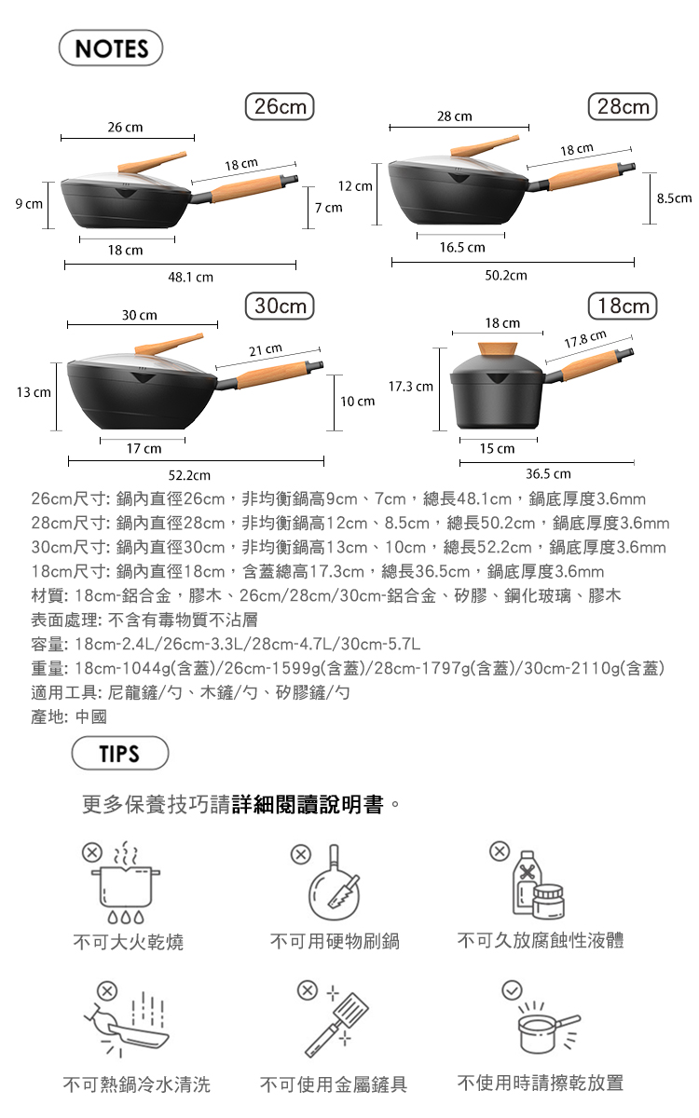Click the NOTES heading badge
[x=111, y=48]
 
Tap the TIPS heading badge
[x=120, y=753]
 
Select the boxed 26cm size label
[x=280, y=106]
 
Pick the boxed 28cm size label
[x=623, y=106]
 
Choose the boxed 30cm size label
[x=280, y=306]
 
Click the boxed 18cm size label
[x=623, y=306]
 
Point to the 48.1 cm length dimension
[x=190, y=277]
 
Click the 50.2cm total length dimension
[x=506, y=275]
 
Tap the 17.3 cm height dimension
[x=410, y=387]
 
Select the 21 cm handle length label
[x=266, y=349]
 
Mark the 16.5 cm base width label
[x=462, y=247]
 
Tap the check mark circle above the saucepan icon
[x=512, y=989]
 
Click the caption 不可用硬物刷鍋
[x=335, y=941]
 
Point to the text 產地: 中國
[x=69, y=716]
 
